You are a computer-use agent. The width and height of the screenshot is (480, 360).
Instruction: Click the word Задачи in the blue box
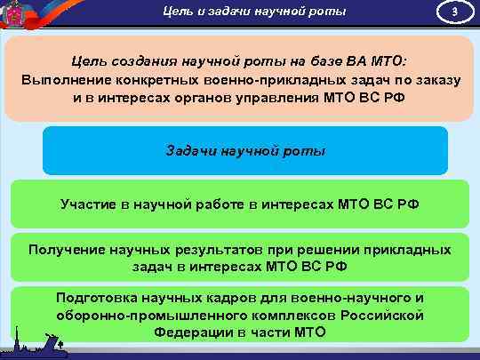pos(190,150)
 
